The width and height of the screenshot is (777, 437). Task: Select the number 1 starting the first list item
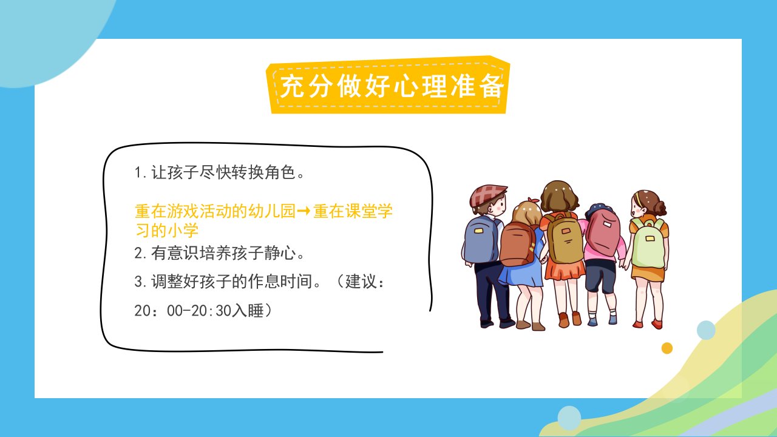point(138,172)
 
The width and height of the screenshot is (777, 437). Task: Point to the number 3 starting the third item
point(138,281)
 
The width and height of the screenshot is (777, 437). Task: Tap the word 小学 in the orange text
point(183,230)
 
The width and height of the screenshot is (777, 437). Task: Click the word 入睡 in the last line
point(248,310)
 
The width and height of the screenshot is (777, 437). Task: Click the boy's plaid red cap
point(487,195)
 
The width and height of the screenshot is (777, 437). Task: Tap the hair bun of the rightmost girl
point(659,208)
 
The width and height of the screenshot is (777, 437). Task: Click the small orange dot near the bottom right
point(667,348)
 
